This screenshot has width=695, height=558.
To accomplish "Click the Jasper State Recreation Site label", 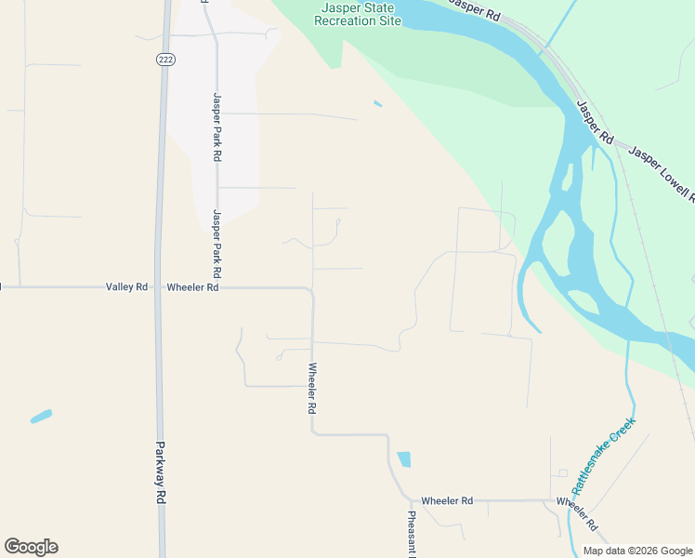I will [x=357, y=13].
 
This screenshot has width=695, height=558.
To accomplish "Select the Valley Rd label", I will [x=127, y=287].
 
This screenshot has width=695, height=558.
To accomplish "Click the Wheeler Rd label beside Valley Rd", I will [x=192, y=287].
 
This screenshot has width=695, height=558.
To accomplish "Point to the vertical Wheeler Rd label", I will [x=313, y=388].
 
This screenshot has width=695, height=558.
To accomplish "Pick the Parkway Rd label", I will [x=160, y=472].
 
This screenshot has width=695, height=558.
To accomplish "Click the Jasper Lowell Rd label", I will [x=662, y=172].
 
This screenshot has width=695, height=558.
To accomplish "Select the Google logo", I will [x=31, y=547].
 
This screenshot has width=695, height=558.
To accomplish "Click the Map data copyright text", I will [x=637, y=551].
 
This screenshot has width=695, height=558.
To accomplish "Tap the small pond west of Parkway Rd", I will [x=41, y=417].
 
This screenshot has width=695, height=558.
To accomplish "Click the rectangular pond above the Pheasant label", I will [x=404, y=458].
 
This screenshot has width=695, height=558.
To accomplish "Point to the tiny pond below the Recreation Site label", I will [x=377, y=103].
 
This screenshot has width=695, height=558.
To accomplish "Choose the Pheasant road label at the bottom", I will [x=411, y=535].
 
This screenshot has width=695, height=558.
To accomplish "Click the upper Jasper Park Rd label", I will [x=217, y=127].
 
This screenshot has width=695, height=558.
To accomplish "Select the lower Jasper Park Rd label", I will [x=216, y=245].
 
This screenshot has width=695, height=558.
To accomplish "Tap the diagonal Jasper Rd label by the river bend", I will [x=595, y=122].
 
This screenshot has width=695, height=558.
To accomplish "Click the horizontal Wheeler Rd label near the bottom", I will [x=447, y=500].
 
